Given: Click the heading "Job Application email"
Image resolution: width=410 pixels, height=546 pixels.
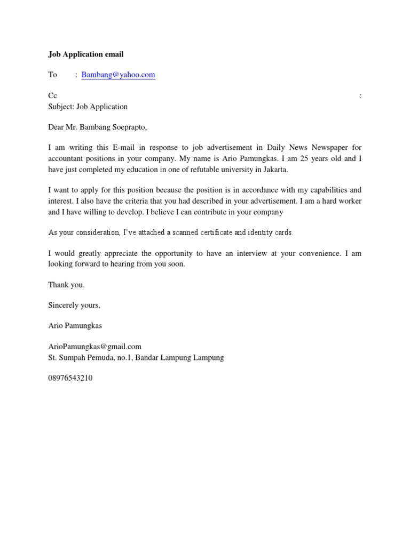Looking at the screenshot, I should coord(86,54).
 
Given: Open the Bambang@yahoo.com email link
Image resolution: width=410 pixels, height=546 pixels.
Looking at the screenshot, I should coord(119,75).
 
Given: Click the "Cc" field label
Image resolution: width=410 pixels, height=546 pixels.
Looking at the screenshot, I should coord(52,96).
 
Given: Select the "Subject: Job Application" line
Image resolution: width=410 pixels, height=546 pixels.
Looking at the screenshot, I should coord(88,106).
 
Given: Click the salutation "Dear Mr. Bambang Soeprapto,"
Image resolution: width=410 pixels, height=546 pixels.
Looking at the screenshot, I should coord(97,127).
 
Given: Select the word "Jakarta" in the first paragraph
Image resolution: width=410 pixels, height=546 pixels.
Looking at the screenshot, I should coord(275,170).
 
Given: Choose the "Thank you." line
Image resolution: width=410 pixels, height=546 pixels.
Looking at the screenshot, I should coord(66,285).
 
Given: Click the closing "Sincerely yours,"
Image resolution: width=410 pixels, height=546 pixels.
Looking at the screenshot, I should coord(74,306).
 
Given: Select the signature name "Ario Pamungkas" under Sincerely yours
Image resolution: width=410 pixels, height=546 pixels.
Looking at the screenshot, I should coord(75,325).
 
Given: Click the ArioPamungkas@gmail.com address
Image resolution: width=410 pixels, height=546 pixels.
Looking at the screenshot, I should coord(94,347).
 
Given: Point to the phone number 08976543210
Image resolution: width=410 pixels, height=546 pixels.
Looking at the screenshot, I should coord(70,378).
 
